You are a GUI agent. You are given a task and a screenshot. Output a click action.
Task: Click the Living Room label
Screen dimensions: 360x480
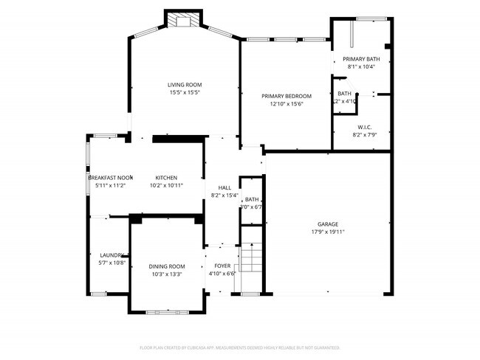coord(185,85)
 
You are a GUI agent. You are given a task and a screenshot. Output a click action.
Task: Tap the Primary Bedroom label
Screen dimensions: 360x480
coord(287,96)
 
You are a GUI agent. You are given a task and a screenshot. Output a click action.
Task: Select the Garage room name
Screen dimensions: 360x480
coord(328,224)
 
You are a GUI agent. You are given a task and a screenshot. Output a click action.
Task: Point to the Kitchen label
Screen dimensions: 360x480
coord(165,178)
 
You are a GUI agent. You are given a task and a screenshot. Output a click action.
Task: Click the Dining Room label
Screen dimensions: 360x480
coord(166,266)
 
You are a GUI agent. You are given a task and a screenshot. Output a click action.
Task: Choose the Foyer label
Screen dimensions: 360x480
coord(222,266)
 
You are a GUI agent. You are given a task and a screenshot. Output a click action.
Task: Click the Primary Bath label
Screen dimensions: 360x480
coord(361,59)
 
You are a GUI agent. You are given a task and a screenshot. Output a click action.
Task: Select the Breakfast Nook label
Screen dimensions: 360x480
coord(111,178)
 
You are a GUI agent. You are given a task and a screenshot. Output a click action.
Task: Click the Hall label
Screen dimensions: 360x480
coord(224,188)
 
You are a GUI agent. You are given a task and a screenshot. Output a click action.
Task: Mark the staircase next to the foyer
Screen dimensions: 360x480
coord(253,259)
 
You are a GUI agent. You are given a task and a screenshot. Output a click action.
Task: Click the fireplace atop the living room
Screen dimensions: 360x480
coord(182,20)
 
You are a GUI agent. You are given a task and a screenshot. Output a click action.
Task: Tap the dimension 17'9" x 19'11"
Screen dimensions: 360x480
coord(328,232)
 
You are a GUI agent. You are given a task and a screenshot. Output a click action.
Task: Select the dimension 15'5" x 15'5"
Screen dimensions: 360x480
coord(185,93)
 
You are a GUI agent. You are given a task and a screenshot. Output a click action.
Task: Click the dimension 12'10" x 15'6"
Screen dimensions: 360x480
coord(287,104)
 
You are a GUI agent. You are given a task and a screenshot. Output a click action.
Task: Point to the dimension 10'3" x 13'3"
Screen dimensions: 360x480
coord(166,274)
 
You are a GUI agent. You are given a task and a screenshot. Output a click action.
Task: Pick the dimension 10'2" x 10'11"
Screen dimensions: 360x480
coord(165,186)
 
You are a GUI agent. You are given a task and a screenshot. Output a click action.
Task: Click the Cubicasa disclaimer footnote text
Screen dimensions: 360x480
coord(239,347)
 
